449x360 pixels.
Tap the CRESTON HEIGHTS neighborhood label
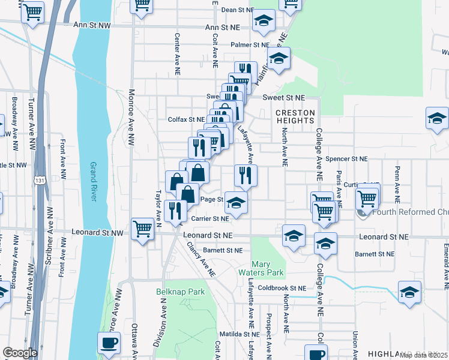point(295,116)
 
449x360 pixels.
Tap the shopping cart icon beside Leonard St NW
point(142,228)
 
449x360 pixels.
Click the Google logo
point(19,352)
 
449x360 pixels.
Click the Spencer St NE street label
point(346,159)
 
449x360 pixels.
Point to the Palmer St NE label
point(251,45)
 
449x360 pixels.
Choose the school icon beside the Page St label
point(237,204)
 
